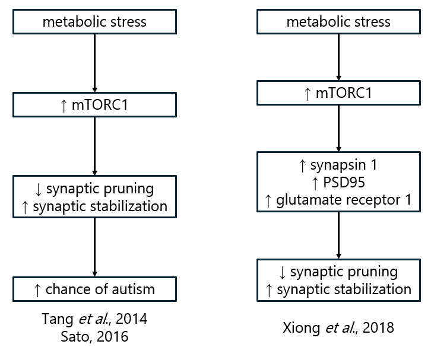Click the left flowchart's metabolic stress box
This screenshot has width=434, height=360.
click(x=95, y=22)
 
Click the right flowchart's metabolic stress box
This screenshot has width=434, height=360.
click(x=338, y=22)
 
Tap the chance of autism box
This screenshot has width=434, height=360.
click(x=95, y=289)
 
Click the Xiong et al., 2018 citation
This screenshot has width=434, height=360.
click(x=338, y=326)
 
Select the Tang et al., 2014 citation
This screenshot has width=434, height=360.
click(x=95, y=319)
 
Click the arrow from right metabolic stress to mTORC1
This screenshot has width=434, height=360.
click(x=338, y=56)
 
